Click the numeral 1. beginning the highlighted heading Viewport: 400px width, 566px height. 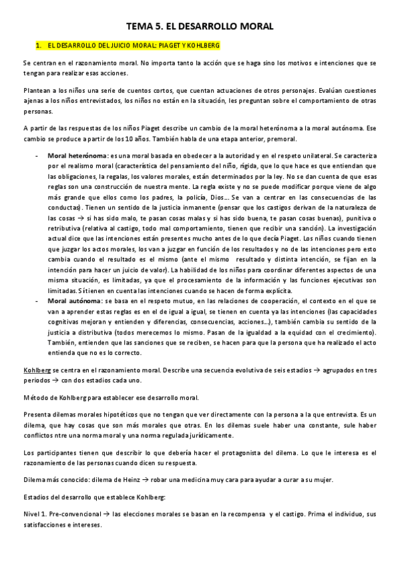(39, 45)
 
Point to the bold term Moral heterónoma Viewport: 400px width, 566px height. (77, 155)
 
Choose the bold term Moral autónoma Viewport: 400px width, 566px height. (73, 302)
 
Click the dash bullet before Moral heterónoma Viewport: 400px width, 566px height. (35, 155)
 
